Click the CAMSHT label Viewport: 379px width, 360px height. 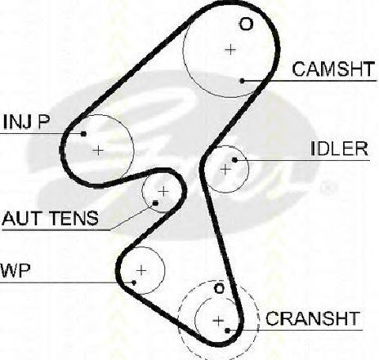[x=333, y=69]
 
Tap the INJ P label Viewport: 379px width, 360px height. [x=26, y=122]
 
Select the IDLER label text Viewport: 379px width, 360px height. [x=339, y=149]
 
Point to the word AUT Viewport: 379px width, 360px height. [x=23, y=218]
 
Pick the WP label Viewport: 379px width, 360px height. [x=16, y=270]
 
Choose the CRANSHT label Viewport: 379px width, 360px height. [x=312, y=318]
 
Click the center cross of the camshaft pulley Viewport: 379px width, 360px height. [x=230, y=50]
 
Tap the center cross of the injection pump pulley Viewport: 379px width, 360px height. [x=98, y=150]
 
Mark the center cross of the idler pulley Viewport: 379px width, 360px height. [x=225, y=170]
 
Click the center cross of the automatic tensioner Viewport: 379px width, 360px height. [x=163, y=192]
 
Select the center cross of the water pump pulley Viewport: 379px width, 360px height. [x=141, y=270]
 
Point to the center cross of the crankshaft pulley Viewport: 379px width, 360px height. [x=218, y=321]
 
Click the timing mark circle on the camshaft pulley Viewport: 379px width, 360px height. [x=246, y=24]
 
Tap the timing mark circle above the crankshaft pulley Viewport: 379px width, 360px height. [x=219, y=288]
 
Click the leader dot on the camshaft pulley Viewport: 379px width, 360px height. [x=242, y=81]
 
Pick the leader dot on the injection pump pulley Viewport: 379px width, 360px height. [x=83, y=134]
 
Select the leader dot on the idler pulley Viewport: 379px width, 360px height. [x=234, y=160]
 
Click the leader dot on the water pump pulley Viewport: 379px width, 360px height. [x=134, y=282]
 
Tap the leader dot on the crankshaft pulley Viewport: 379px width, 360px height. [x=228, y=331]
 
